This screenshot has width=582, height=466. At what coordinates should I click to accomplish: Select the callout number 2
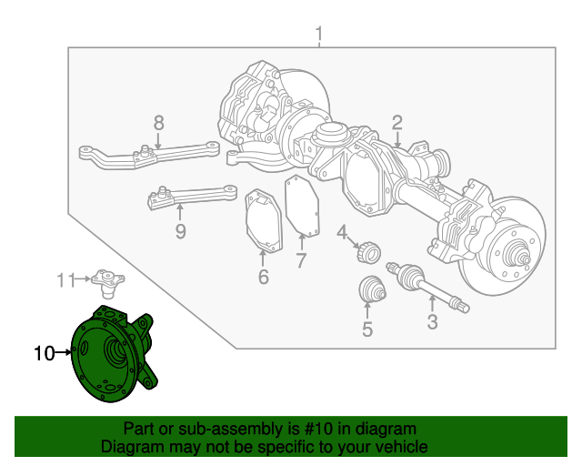(x=397, y=123)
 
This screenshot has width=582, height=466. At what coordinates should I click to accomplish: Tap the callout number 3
(x=432, y=321)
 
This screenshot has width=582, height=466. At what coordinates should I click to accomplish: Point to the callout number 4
(x=342, y=234)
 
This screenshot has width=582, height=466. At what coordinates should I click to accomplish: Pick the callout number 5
(x=367, y=329)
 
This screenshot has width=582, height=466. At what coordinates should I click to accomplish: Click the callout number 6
(x=263, y=277)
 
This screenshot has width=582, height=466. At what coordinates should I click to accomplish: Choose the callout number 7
(x=301, y=262)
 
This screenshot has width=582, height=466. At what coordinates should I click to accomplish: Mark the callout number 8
(x=158, y=122)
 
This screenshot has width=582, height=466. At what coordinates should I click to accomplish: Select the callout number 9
(x=180, y=231)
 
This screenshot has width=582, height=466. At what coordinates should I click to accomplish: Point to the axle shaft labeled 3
(x=427, y=287)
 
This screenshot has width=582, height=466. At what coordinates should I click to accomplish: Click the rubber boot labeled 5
(x=371, y=289)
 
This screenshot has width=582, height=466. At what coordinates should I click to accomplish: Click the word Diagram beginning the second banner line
(x=130, y=447)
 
